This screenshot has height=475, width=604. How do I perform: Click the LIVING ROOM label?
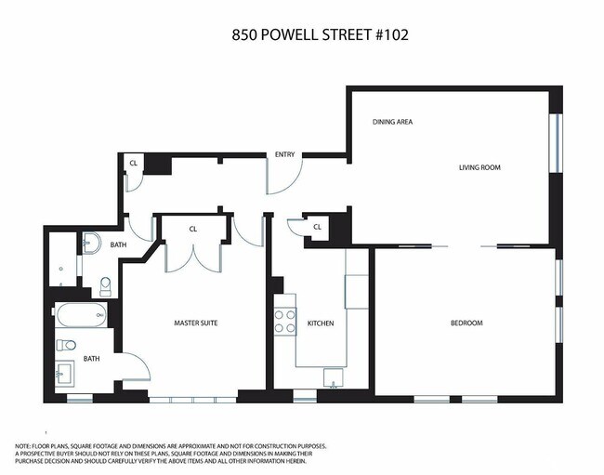tap(479, 168)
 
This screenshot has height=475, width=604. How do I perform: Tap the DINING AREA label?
tap(392, 122)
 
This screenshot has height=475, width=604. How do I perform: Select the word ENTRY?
tap(284, 154)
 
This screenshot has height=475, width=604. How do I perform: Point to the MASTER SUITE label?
tap(195, 323)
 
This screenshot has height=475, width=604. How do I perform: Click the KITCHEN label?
tap(321, 323)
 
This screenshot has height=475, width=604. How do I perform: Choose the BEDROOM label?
tap(466, 323)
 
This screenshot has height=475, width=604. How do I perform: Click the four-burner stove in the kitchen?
tap(283, 321)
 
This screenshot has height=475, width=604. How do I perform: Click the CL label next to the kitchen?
tap(317, 226)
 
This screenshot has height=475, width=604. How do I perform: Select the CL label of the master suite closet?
tap(193, 229)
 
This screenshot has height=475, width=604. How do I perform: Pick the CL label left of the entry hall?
tap(134, 164)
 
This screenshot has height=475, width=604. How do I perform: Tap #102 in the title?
tap(389, 35)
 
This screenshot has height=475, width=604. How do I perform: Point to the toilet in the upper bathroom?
tap(105, 284)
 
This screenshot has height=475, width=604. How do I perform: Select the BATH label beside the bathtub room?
tap(92, 358)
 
